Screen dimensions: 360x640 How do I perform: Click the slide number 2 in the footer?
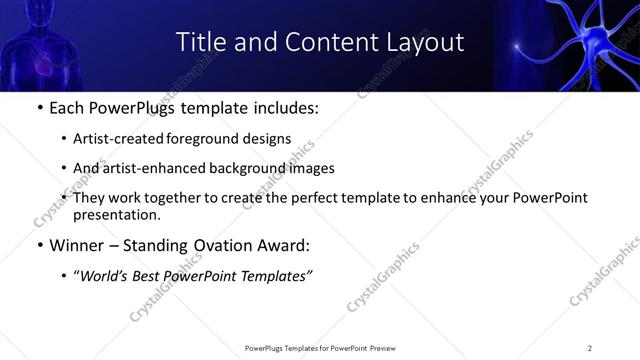[589, 348]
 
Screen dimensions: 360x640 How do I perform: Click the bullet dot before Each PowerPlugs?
[39, 108]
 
